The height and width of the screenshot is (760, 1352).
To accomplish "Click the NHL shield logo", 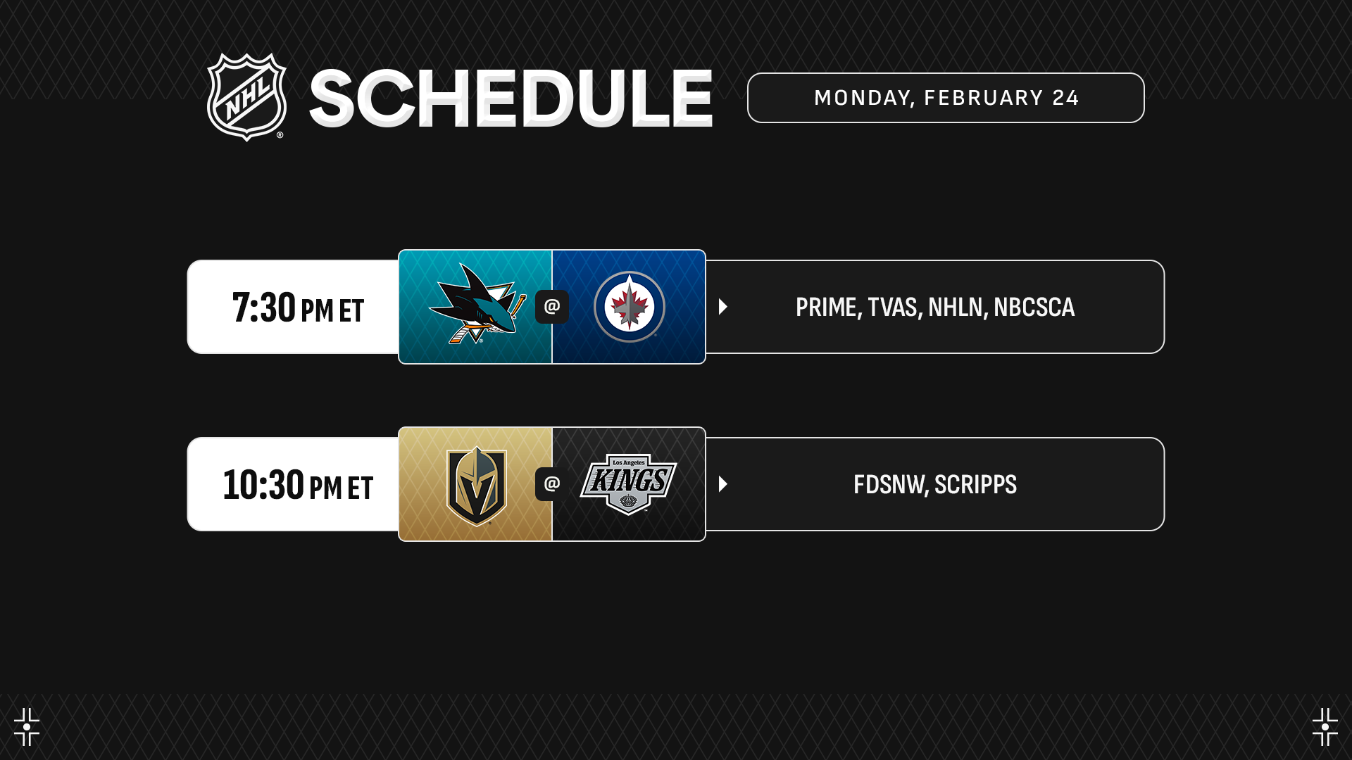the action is [246, 97].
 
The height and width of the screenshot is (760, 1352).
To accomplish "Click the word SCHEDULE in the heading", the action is [511, 99].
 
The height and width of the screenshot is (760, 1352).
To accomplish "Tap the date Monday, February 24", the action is [946, 98].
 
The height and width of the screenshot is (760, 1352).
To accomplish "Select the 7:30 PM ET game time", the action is [298, 308].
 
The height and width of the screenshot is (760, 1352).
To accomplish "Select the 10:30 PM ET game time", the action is [298, 485].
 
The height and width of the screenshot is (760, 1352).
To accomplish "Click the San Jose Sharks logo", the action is [477, 303].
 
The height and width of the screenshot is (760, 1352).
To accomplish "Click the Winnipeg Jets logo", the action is [630, 307].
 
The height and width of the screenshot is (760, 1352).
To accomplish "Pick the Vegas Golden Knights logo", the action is [477, 486].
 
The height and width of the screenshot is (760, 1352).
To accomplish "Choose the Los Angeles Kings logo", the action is [628, 484].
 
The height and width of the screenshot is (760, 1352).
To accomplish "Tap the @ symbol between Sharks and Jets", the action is [552, 307].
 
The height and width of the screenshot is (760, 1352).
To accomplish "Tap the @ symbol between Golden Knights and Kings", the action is [552, 484].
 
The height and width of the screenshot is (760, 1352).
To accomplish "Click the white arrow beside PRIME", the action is [723, 307].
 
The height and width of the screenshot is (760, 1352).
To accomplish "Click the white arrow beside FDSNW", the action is [723, 484].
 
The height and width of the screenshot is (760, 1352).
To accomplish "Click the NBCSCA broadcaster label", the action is [1034, 308].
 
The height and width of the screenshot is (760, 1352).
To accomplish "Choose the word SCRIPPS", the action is [976, 485].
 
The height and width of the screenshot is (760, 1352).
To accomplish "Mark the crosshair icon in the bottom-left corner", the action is [27, 727].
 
